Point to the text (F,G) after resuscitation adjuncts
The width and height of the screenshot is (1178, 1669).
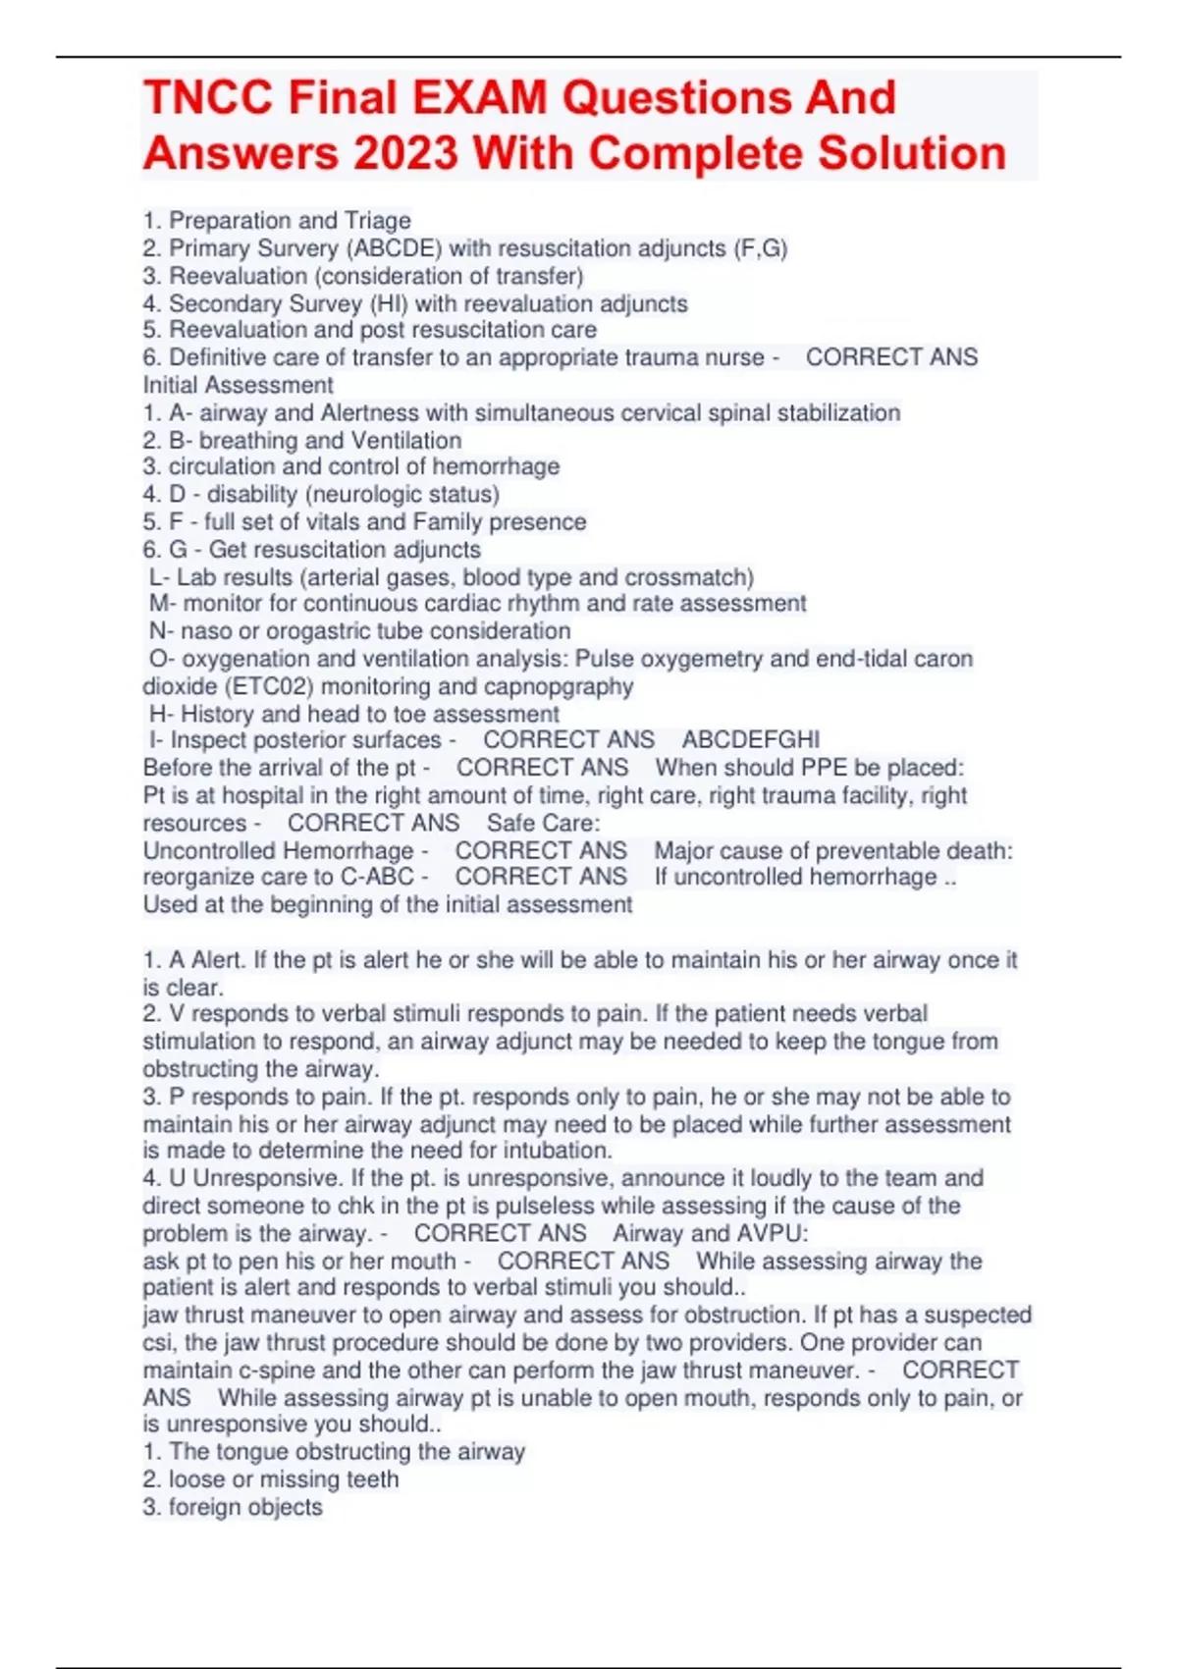tap(760, 248)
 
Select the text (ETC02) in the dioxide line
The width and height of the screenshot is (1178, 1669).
tap(268, 686)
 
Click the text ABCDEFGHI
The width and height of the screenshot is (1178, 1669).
tap(751, 740)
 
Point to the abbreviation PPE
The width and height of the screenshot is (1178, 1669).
tap(824, 768)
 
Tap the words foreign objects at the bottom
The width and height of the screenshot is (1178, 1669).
tap(245, 1507)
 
